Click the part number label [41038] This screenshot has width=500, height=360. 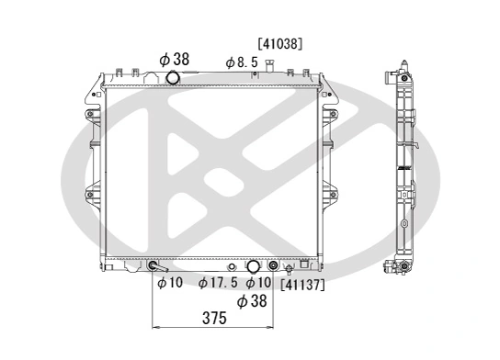point(280,42)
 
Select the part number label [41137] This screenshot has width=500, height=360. point(302,285)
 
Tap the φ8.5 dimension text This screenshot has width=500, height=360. point(241,62)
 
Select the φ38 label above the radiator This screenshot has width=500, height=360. point(174,59)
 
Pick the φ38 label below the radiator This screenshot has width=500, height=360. point(253,301)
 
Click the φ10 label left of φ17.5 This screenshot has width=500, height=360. point(170,283)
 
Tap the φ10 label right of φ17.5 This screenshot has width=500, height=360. point(258,283)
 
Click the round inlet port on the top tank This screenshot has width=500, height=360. point(173,79)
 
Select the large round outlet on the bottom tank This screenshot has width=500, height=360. point(253,267)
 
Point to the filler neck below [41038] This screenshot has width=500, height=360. point(270,66)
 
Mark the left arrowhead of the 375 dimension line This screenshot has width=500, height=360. point(155,327)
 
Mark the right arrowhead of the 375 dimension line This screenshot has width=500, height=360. point(271,327)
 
